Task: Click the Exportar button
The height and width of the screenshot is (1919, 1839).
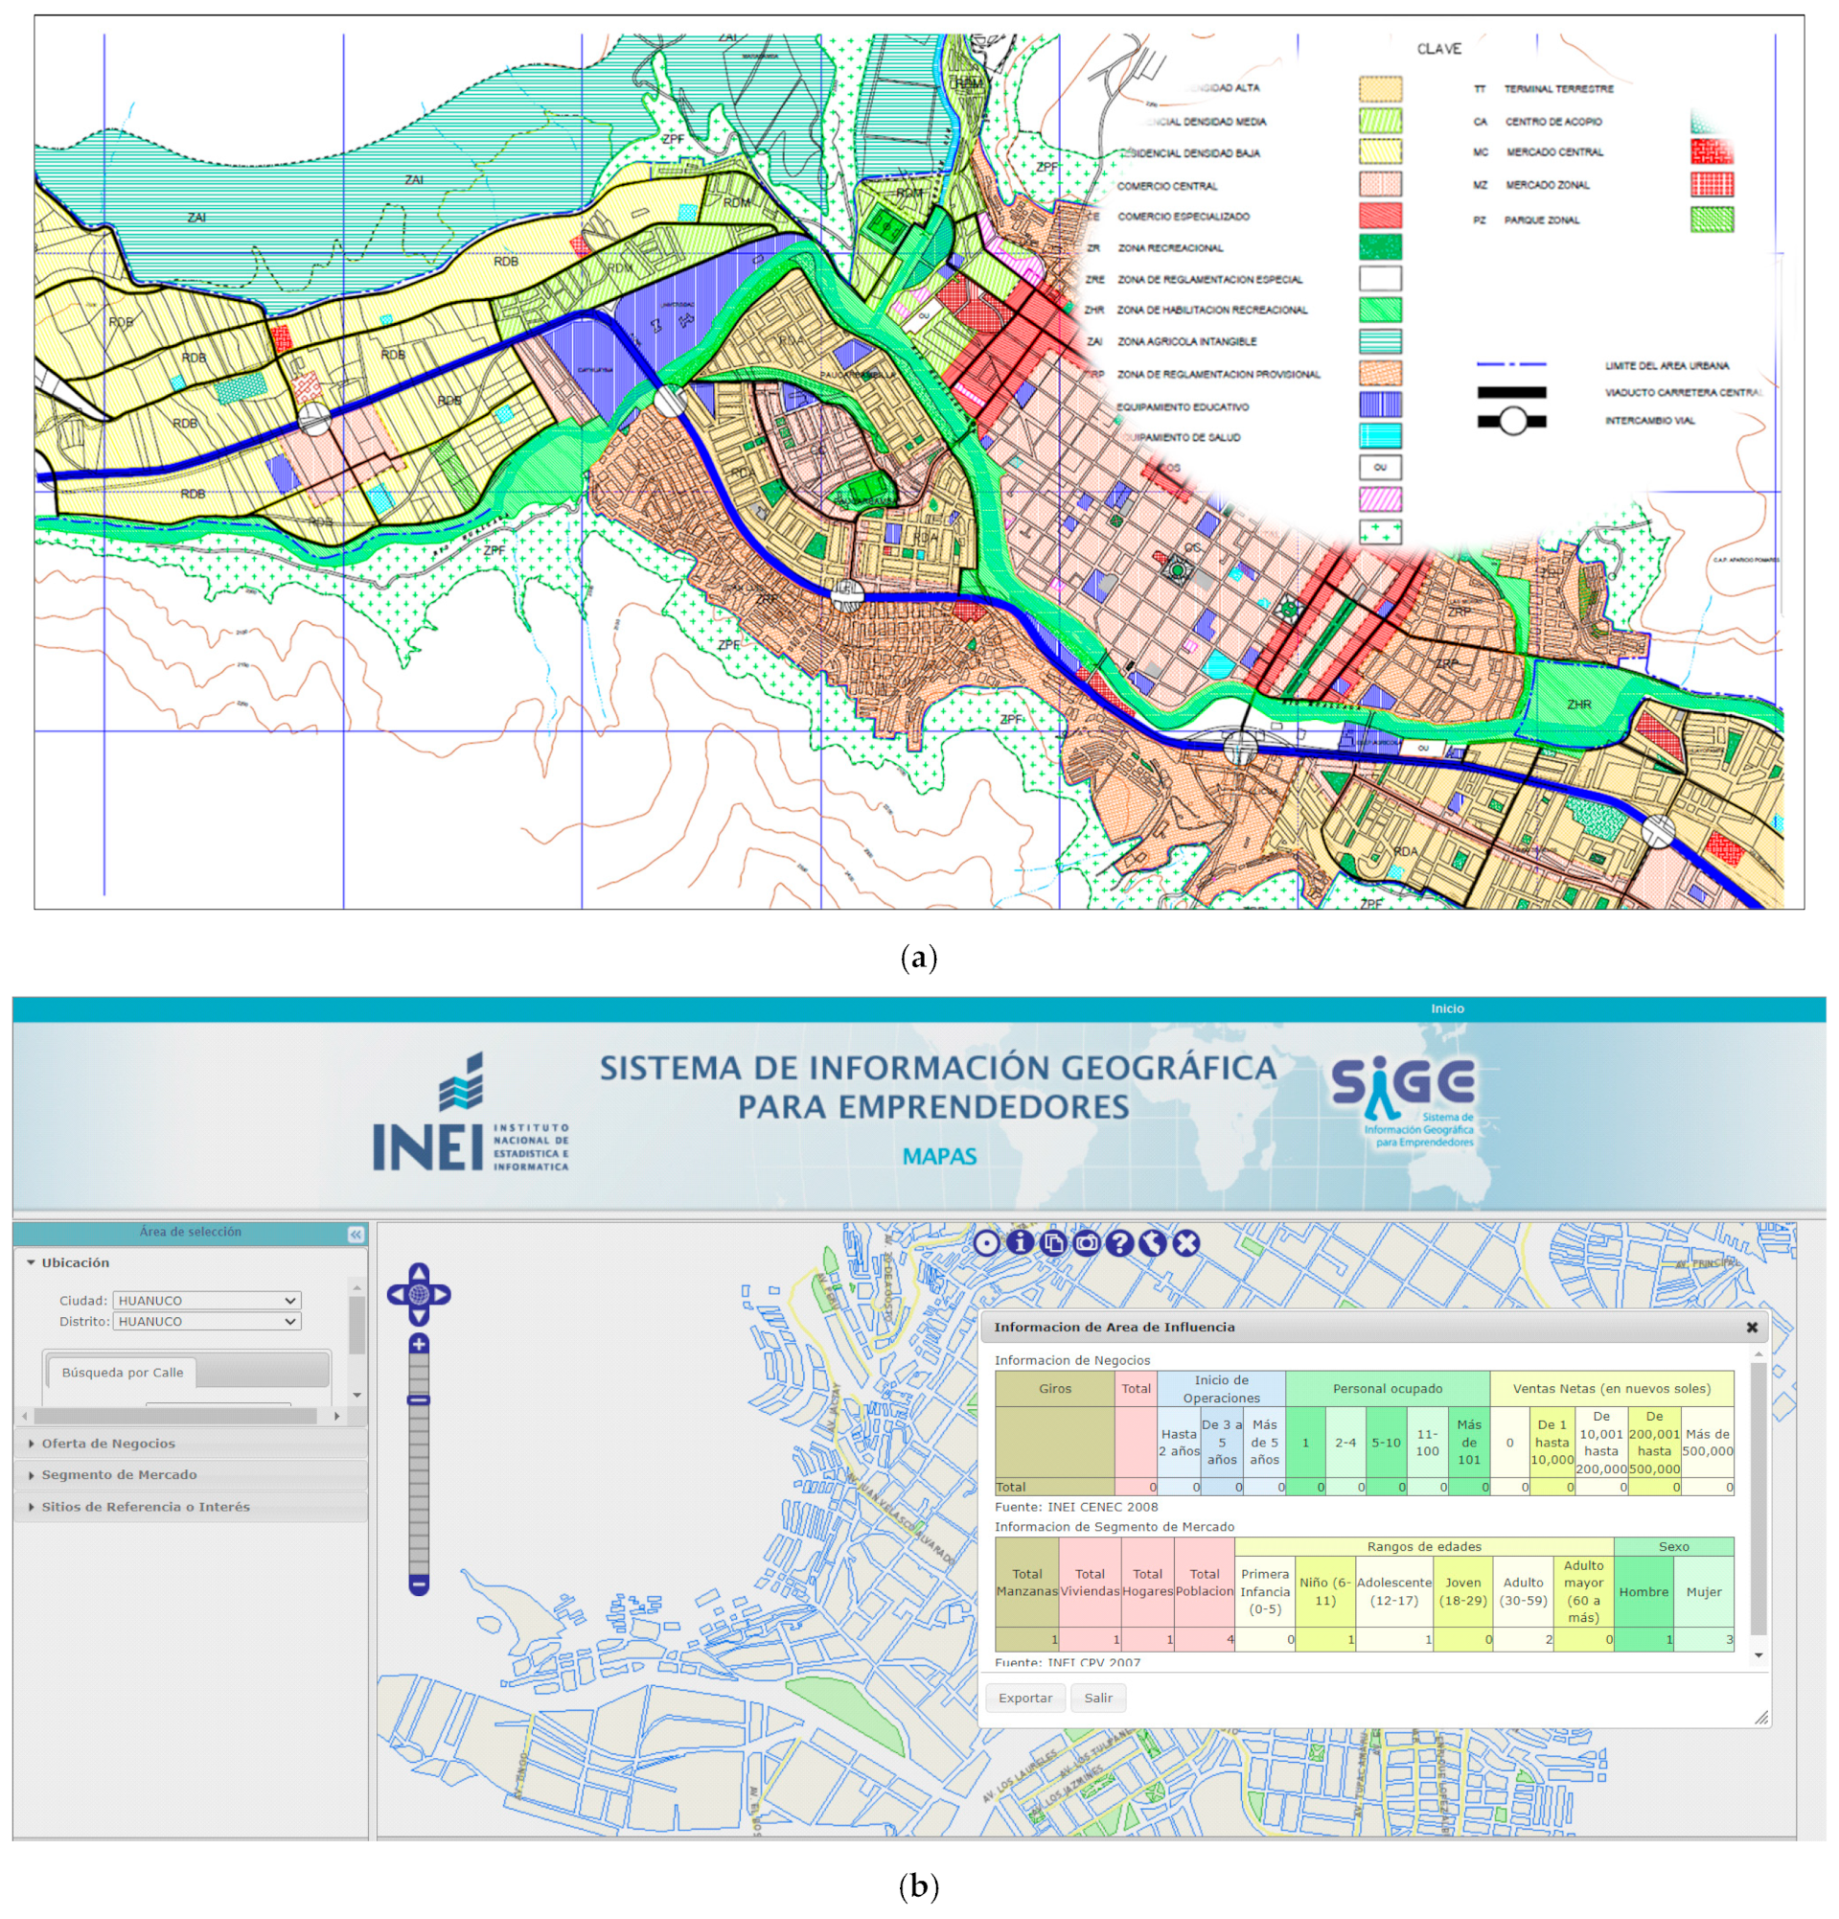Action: pyautogui.click(x=1024, y=1698)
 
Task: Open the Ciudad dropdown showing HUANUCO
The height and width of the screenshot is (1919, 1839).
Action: pyautogui.click(x=206, y=1300)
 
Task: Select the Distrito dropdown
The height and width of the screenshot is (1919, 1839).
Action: pyautogui.click(x=206, y=1321)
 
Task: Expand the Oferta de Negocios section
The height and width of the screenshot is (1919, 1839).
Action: pyautogui.click(x=107, y=1444)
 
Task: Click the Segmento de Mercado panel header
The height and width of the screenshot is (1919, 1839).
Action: pyautogui.click(x=119, y=1474)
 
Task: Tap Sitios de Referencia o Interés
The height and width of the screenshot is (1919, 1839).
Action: pyautogui.click(x=145, y=1507)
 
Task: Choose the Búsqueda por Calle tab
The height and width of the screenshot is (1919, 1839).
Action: pyautogui.click(x=123, y=1373)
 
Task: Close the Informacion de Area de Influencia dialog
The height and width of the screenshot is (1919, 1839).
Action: pyautogui.click(x=1752, y=1328)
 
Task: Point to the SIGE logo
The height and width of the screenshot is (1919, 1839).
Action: pyautogui.click(x=1403, y=1101)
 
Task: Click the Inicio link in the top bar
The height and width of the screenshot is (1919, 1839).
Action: pyautogui.click(x=1447, y=1008)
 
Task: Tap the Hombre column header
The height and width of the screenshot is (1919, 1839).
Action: pyautogui.click(x=1644, y=1592)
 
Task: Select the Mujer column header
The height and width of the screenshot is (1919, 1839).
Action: pyautogui.click(x=1703, y=1592)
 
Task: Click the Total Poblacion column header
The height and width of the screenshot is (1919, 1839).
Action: pyautogui.click(x=1204, y=1583)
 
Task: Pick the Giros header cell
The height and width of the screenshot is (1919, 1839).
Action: pyautogui.click(x=1054, y=1388)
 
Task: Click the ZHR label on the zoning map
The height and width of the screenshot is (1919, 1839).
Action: pyautogui.click(x=1578, y=704)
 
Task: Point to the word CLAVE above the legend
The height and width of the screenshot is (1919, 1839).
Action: pyautogui.click(x=1438, y=49)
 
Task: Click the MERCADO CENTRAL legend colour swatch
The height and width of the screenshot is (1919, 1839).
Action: pyautogui.click(x=1712, y=151)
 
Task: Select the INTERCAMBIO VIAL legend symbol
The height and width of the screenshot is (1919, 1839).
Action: pyautogui.click(x=1512, y=421)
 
